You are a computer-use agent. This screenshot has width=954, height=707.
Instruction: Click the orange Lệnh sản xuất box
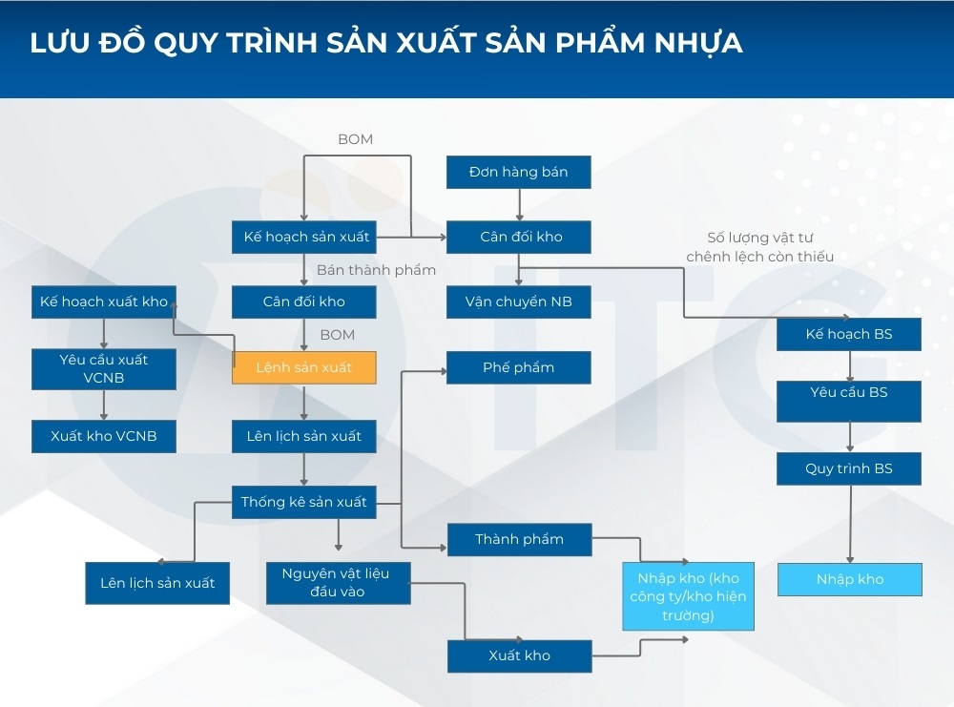pos(304,367)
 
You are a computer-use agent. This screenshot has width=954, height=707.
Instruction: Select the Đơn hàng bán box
pos(519,172)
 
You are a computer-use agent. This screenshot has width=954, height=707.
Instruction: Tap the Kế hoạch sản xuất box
pos(304,237)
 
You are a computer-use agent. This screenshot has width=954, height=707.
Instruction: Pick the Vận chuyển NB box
pos(519,302)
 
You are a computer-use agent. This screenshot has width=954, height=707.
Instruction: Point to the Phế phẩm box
pos(519,367)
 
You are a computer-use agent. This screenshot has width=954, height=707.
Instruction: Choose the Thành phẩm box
pos(519,539)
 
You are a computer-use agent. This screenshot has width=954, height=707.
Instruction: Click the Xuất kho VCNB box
pos(104,436)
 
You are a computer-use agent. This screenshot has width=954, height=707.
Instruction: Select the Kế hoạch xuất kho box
pos(104,302)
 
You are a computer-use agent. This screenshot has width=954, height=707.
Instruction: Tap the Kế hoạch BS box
pos(849,334)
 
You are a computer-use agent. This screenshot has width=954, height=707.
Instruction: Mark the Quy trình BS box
pos(849,468)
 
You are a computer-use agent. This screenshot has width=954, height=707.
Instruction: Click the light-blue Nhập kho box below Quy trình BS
pos(849,579)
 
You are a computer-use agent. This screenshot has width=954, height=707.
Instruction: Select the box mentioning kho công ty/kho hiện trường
pos(688,596)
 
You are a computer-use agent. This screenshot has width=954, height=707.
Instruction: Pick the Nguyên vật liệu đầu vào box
pos(338,582)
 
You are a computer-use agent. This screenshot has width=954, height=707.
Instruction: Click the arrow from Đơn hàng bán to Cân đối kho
pos(519,203)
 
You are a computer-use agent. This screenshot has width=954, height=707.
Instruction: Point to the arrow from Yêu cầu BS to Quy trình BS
pos(849,436)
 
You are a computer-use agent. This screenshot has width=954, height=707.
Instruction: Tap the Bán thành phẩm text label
pos(376,270)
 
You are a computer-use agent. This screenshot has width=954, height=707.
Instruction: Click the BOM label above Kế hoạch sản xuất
pos(355,139)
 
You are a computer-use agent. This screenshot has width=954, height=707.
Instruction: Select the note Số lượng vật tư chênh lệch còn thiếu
pos(759,246)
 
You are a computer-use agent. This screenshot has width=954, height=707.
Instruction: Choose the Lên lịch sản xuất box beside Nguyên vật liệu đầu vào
pos(157,583)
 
